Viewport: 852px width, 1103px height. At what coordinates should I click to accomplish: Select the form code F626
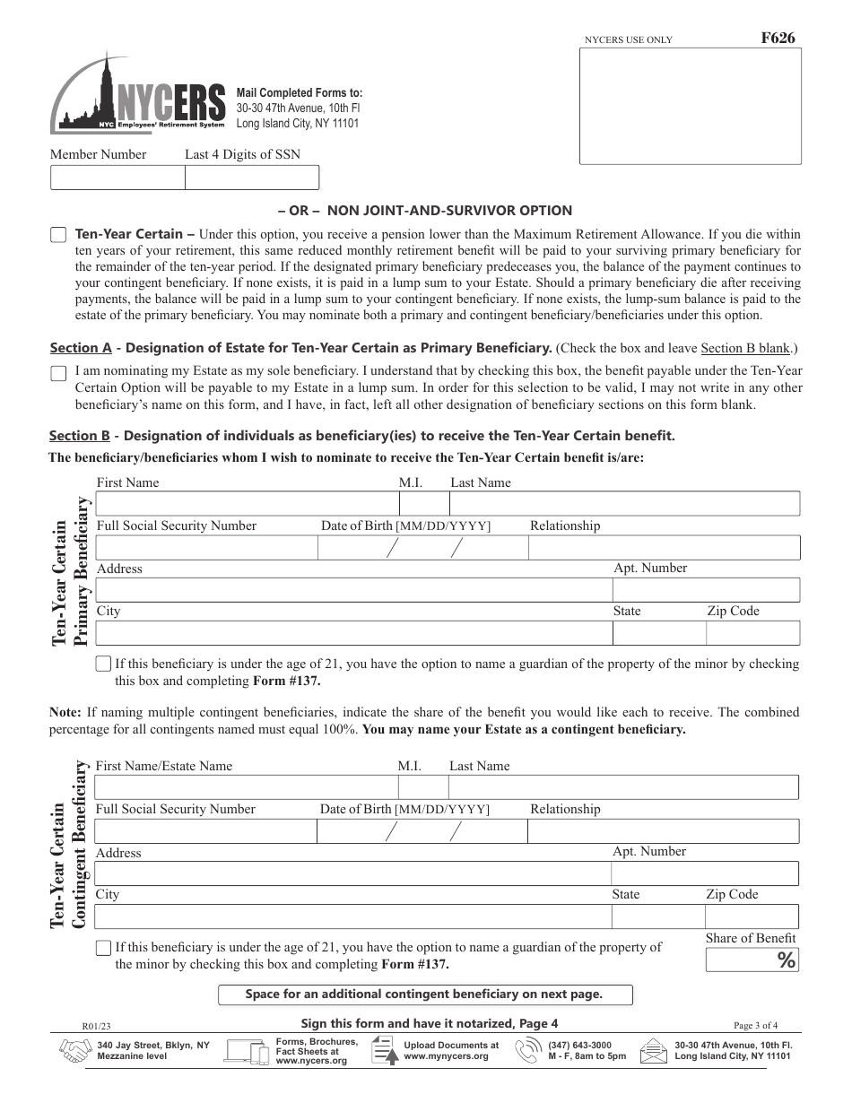(777, 38)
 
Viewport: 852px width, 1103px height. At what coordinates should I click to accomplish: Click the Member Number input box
(117, 178)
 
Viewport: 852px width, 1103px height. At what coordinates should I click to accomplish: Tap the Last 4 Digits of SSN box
(251, 178)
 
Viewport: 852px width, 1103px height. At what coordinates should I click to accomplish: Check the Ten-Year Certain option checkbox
(58, 235)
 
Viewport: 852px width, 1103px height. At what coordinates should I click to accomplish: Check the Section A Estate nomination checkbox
(58, 373)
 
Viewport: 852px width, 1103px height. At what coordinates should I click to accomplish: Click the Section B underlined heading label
(80, 436)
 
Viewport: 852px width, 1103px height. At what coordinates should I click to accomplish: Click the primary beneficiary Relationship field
(663, 547)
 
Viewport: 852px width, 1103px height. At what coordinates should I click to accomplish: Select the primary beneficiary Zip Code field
(752, 633)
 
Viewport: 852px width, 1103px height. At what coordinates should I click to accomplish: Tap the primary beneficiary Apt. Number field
(705, 590)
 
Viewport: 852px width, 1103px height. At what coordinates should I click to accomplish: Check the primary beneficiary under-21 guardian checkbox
(103, 664)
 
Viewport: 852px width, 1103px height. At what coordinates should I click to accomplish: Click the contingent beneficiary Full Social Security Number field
(204, 831)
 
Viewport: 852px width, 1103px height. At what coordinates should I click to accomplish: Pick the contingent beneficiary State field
(656, 916)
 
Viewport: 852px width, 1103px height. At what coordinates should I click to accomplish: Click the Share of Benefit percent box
(751, 960)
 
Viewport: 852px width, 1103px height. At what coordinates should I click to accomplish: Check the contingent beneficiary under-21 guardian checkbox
(103, 948)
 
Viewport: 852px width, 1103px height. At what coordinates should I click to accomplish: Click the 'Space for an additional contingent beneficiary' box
(425, 994)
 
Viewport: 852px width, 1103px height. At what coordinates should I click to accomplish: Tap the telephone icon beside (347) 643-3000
(533, 1051)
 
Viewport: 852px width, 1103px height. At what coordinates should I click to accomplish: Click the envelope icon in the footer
(655, 1051)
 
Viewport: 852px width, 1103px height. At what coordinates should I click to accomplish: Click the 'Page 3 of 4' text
(755, 1025)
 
